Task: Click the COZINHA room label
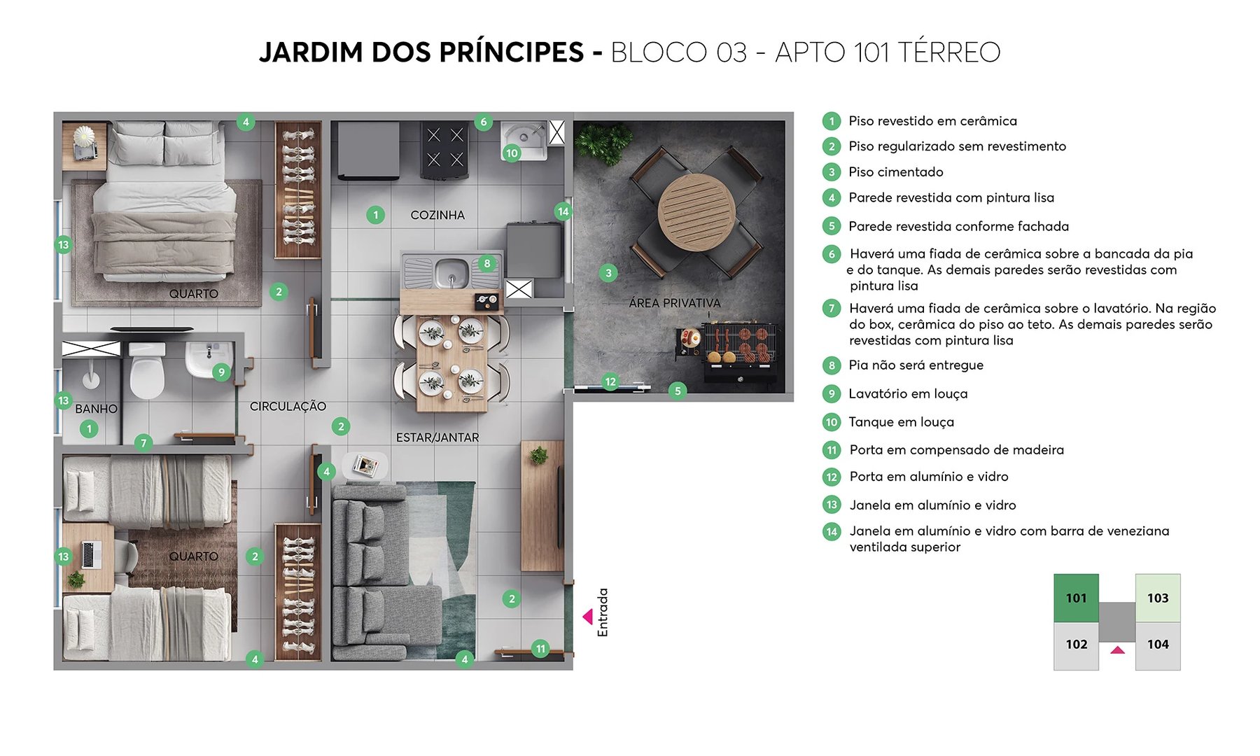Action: pyautogui.click(x=437, y=215)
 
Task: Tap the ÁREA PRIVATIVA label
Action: pyautogui.click(x=674, y=303)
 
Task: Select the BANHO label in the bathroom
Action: pyautogui.click(x=96, y=409)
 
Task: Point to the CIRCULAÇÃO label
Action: pyautogui.click(x=288, y=407)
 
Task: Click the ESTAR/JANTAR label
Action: pyautogui.click(x=437, y=437)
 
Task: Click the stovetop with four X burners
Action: pyautogui.click(x=444, y=148)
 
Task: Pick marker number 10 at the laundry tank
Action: pyautogui.click(x=512, y=153)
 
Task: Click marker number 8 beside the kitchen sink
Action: pyautogui.click(x=486, y=264)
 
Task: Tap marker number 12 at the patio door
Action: pyautogui.click(x=610, y=381)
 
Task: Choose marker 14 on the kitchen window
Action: pyautogui.click(x=563, y=211)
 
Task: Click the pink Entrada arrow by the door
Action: pyautogui.click(x=588, y=617)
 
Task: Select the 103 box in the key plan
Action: pyautogui.click(x=1157, y=598)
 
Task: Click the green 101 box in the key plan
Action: pyautogui.click(x=1076, y=598)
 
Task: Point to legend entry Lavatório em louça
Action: pyautogui.click(x=907, y=394)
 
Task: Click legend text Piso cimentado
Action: pyautogui.click(x=895, y=172)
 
